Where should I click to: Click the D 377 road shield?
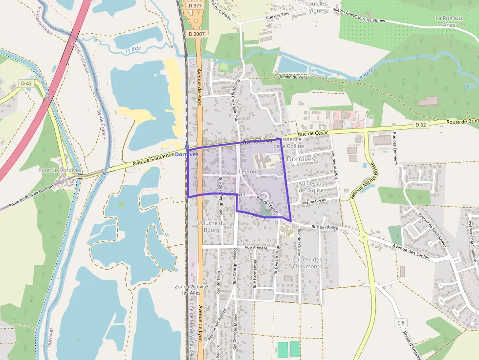(195, 6)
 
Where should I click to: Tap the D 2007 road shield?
(196, 34)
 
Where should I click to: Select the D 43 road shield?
(26, 84)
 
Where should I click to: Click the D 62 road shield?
(421, 125)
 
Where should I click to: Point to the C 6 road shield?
(401, 322)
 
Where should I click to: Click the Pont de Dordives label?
(60, 170)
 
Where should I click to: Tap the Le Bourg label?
(250, 172)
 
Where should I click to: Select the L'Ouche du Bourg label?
(211, 226)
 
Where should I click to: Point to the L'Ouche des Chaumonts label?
(307, 263)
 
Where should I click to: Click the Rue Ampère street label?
(256, 248)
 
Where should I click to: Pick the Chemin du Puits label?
(292, 77)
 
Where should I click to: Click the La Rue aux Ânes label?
(449, 21)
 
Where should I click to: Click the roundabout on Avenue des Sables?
(364, 238)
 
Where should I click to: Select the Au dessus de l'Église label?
(312, 187)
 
